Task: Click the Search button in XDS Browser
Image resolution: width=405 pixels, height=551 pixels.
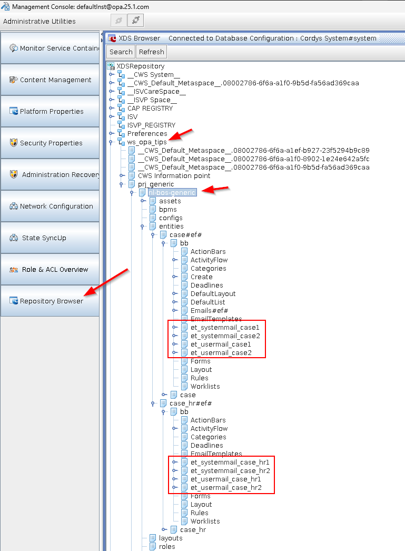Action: [x=121, y=52]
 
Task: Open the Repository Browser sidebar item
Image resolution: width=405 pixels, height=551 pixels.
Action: [x=51, y=301]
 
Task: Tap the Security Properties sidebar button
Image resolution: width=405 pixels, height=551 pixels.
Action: [x=51, y=143]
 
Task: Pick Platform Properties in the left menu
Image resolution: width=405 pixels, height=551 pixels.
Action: [x=51, y=111]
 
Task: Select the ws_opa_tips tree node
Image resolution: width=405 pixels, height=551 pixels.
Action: [x=147, y=142]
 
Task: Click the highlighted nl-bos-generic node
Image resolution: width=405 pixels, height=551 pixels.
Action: [x=172, y=193]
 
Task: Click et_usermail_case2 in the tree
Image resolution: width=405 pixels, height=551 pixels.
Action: [x=221, y=353]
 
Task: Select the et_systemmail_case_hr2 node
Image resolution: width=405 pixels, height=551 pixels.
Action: [x=230, y=471]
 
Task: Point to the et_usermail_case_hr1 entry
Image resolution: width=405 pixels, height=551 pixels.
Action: [x=225, y=479]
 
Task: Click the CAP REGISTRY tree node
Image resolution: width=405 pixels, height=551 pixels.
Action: [x=150, y=109]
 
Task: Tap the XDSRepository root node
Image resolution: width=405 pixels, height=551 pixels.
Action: [x=140, y=66]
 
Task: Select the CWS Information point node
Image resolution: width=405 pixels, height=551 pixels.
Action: [x=174, y=176]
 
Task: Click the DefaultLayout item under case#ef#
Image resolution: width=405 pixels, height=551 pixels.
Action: [x=213, y=294]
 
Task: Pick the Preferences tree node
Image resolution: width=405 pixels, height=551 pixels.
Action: [x=147, y=134]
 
